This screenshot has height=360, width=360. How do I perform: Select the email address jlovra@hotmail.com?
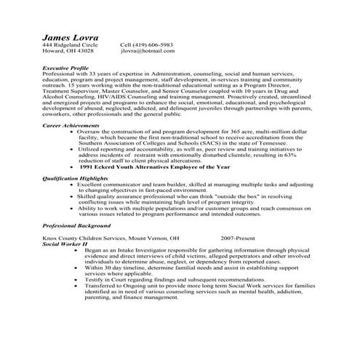(147, 52)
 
